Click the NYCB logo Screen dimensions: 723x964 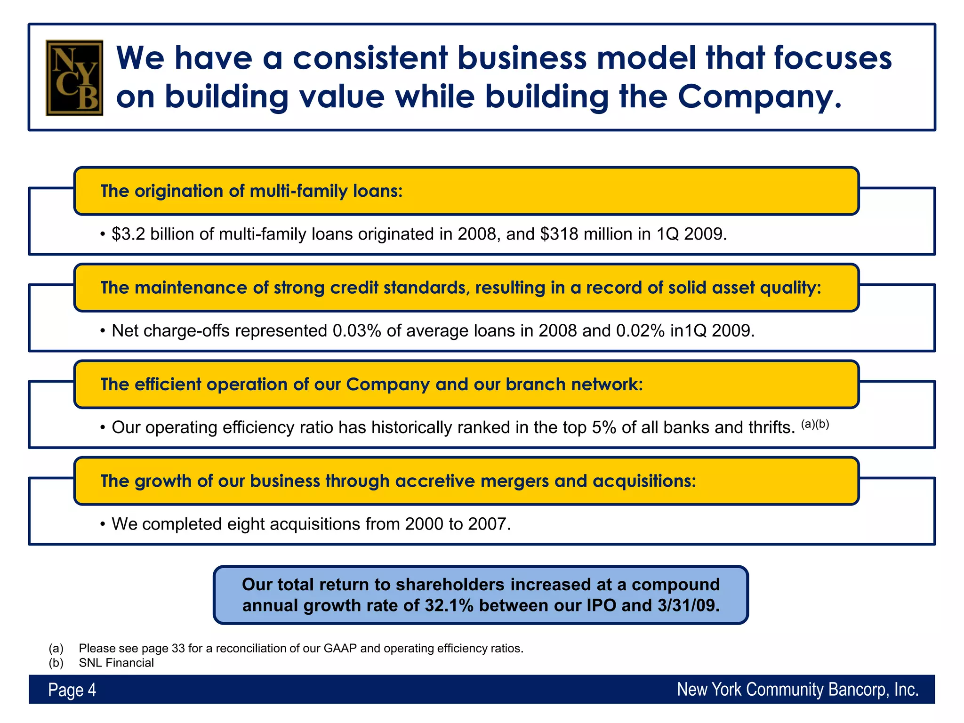74,78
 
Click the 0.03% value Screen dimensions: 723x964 356,331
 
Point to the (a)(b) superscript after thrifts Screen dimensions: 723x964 815,424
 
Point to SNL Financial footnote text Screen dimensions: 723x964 116,663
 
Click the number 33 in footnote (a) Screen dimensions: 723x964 178,649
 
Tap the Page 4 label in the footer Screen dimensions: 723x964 72,690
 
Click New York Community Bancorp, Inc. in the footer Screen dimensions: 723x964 797,690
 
